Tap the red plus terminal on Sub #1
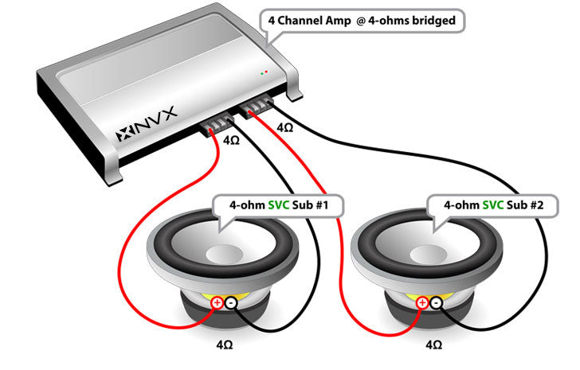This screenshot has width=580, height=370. [x=217, y=302]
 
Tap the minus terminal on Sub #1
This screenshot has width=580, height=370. [x=230, y=302]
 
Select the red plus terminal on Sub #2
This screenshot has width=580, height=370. [x=422, y=302]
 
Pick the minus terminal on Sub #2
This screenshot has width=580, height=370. [x=436, y=302]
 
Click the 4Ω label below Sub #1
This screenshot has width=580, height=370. [x=225, y=348]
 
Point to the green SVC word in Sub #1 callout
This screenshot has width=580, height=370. [x=280, y=205]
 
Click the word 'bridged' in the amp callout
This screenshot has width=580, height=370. [x=430, y=21]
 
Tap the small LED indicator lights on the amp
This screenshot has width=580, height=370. [x=263, y=72]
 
